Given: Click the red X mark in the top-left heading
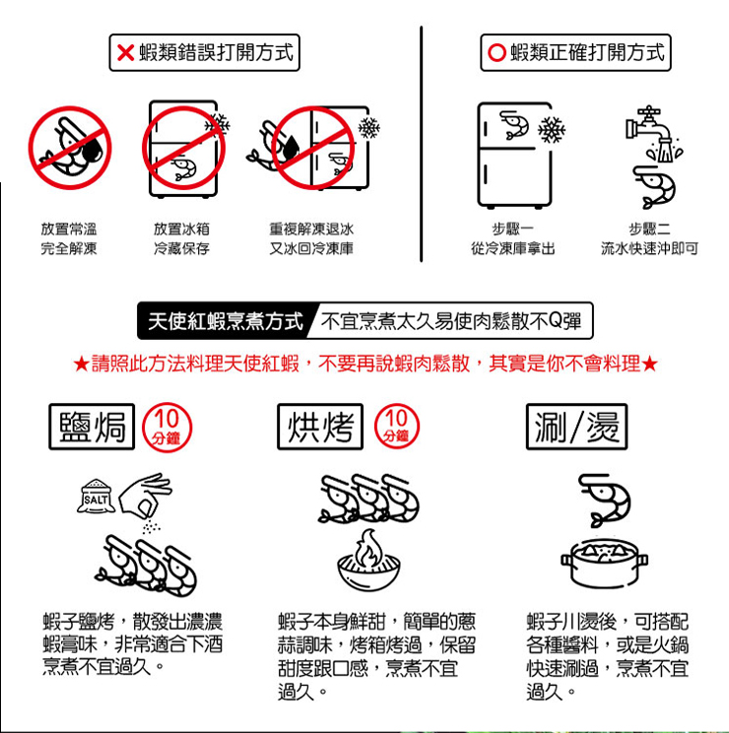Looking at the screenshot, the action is pos(126,53).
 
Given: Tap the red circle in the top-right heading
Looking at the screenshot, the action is pos(497,52).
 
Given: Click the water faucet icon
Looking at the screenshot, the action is pos(652,133).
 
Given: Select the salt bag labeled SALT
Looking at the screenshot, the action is pos(96,496).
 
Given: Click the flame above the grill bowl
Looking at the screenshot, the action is pos(368,548).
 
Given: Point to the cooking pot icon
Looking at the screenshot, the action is pos(604,564).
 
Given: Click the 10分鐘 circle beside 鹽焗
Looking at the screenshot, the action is pos(166,427).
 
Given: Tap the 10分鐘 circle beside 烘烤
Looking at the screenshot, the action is pos(397,427).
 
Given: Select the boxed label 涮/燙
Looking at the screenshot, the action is pos(576,427).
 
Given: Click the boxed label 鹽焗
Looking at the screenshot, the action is pos(92,427).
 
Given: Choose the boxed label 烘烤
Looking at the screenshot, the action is pos(320,427).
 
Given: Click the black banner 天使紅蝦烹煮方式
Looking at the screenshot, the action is pos(225,321).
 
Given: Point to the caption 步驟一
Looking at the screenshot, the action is pos(513,229).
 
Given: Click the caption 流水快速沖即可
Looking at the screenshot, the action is pos(649,248).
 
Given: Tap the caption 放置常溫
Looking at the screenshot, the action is pos(69,229).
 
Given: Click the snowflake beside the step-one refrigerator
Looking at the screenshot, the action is pos(552,129).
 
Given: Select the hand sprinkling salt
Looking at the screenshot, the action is pos(146,496).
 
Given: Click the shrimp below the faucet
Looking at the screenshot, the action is pos(654,187).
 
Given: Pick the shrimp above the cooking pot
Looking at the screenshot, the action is pos(604,500).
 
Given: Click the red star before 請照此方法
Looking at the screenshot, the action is pos(82,364).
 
